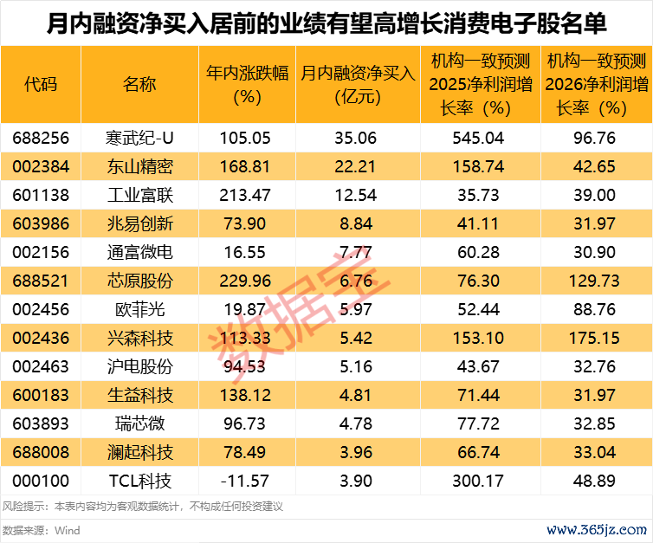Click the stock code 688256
point(41,138)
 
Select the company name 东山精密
point(139,165)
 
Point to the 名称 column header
point(139,84)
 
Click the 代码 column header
point(41,84)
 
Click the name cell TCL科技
point(139,481)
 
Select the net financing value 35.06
point(358,138)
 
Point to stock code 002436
point(41,338)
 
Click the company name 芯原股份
point(139,281)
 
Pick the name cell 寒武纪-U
point(139,138)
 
